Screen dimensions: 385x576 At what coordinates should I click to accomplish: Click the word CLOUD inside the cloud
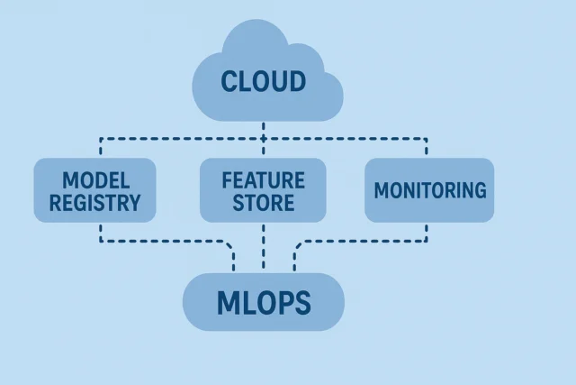[x=263, y=82]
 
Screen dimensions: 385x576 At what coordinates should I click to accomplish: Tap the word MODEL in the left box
[x=94, y=179]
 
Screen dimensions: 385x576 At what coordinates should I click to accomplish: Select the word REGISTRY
[x=94, y=202]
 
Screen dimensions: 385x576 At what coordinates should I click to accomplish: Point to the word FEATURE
[x=263, y=179]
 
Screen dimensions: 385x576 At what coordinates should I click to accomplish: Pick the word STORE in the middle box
[x=263, y=202]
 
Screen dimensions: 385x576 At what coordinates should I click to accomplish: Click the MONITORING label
[x=429, y=190]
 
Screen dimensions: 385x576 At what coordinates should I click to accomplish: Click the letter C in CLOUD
[x=229, y=82]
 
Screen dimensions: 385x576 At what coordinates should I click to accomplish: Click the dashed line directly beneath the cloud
[x=263, y=129]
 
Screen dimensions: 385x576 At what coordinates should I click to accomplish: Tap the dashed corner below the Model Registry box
[x=100, y=241]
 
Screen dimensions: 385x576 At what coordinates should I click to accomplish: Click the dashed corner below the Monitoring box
[x=426, y=241]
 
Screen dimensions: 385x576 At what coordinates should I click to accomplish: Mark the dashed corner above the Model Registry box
[x=100, y=139]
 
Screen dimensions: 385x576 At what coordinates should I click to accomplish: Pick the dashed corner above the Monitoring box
[x=426, y=139]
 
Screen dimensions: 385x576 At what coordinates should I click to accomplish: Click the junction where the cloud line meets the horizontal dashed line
[x=263, y=139]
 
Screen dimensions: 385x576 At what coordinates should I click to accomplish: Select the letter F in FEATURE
[x=226, y=179]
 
